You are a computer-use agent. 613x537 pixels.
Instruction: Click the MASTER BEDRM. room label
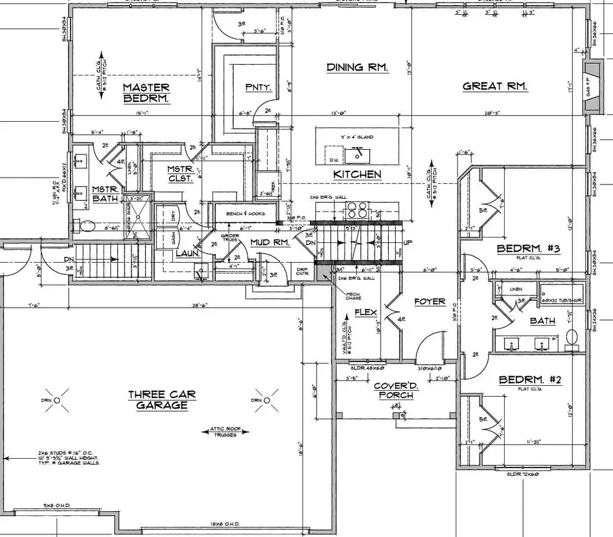tap(146, 93)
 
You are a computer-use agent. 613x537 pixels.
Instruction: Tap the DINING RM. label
tap(357, 67)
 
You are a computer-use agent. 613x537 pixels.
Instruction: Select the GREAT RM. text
tap(495, 86)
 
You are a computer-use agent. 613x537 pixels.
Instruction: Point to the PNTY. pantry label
tap(258, 87)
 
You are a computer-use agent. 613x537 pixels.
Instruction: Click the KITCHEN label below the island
tap(357, 175)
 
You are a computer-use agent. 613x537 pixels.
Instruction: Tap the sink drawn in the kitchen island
tap(354, 155)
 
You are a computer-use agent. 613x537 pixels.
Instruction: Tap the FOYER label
tap(429, 301)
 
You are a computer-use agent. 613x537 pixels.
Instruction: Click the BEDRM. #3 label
tap(528, 249)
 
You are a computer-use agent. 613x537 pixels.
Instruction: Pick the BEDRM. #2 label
tap(530, 380)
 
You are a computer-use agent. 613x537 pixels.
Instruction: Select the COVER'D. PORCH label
tap(395, 391)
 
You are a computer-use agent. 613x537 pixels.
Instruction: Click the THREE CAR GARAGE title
tap(158, 400)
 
